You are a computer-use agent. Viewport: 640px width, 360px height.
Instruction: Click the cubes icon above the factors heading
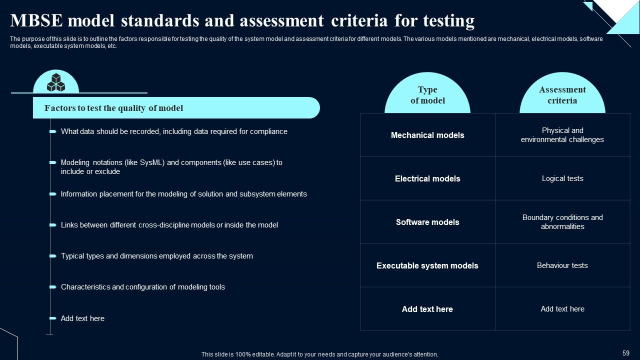[x=56, y=83]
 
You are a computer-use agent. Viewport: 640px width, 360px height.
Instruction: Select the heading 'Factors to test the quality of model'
[x=113, y=108]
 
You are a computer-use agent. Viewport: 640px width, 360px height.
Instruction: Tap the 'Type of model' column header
[x=427, y=95]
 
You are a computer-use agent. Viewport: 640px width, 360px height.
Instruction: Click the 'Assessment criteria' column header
[x=562, y=95]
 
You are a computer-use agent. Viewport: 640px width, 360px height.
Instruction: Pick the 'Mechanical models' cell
[x=427, y=135]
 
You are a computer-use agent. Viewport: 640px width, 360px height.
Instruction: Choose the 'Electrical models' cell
[x=427, y=178]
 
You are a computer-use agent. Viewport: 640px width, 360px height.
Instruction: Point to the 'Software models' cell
[x=427, y=222]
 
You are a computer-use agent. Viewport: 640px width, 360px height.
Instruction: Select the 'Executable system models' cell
[x=427, y=265]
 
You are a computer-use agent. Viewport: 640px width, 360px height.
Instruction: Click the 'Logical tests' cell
[x=562, y=178]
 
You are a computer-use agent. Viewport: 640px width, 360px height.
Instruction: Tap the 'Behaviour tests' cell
[x=562, y=265]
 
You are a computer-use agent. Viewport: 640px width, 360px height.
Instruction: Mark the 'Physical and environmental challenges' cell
[x=562, y=135]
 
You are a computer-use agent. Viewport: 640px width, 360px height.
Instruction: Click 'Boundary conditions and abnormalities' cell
[x=562, y=222]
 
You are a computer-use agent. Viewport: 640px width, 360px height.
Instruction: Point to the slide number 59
[x=626, y=353]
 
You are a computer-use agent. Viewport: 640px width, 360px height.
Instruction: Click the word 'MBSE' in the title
[x=35, y=21]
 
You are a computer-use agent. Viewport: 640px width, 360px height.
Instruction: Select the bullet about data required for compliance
[x=174, y=131]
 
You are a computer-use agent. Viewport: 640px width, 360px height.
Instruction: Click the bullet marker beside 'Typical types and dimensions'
[x=53, y=256]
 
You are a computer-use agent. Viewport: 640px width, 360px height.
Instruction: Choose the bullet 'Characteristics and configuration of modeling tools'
[x=142, y=287]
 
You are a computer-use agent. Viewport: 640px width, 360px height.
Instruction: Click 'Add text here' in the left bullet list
[x=82, y=318]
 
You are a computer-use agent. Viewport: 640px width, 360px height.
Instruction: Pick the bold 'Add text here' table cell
[x=427, y=309]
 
